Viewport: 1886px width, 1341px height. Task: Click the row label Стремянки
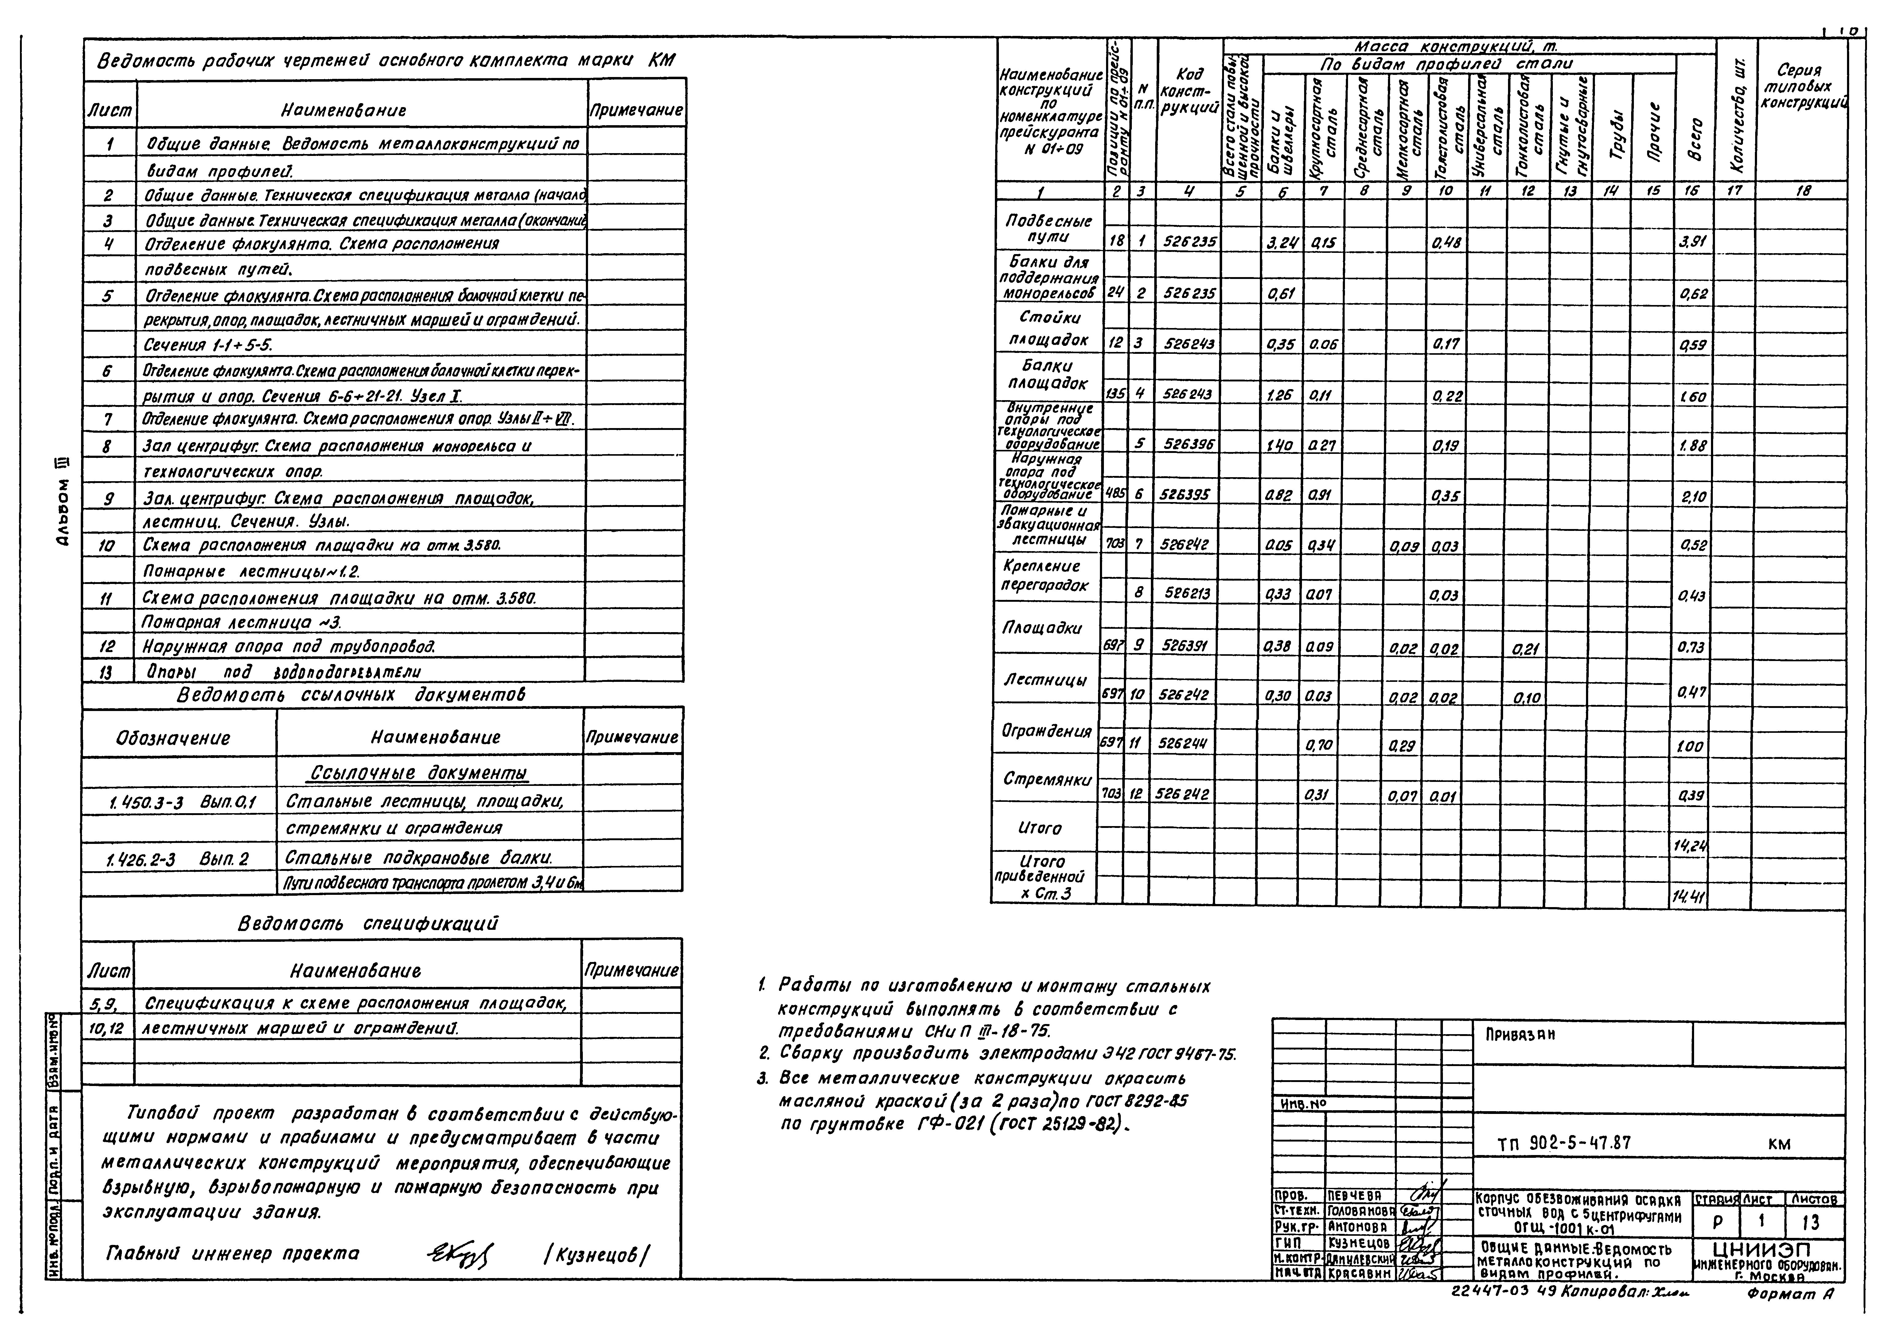(x=1046, y=779)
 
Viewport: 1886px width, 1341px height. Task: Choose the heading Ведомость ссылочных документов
(x=351, y=695)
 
